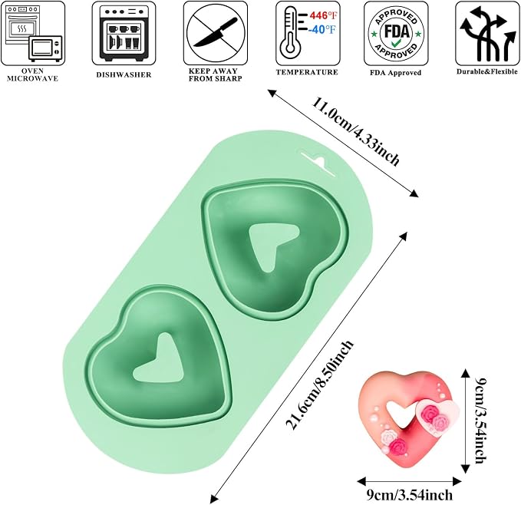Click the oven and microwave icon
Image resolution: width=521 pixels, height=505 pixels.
pos(33,33)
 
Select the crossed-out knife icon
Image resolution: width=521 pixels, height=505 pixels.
pos(216,33)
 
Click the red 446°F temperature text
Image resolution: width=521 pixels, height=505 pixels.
pos(322,15)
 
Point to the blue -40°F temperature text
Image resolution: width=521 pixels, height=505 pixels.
pos(322,30)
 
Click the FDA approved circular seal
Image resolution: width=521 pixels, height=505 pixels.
pos(396,33)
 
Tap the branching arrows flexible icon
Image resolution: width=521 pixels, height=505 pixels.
pos(486,35)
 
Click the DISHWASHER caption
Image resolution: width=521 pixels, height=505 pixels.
pos(124,74)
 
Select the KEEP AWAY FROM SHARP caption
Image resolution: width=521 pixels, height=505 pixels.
pos(215,74)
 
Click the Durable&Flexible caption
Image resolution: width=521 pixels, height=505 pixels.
pos(486,71)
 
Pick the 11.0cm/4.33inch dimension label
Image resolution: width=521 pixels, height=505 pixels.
pos(355,131)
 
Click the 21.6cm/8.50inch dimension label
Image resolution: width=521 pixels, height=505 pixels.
pos(319,385)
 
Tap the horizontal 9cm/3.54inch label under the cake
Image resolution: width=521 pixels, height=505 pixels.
pos(410,495)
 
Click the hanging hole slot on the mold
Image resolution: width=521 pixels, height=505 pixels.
pos(318,162)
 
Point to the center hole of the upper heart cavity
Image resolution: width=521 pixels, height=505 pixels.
pos(271,245)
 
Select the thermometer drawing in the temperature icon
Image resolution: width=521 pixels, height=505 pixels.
pos(289,34)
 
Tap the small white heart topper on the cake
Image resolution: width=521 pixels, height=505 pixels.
pos(439,417)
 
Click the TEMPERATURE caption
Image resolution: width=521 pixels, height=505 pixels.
pos(307,72)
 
